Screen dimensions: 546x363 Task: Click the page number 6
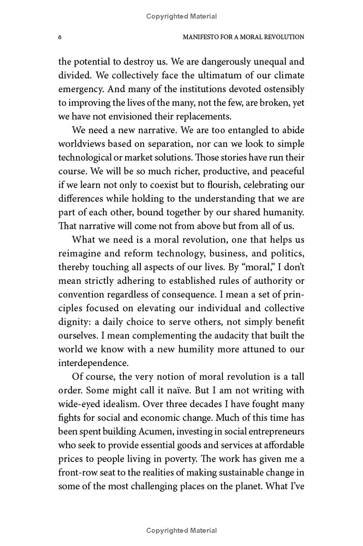(x=60, y=37)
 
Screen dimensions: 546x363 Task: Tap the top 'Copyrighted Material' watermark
(x=181, y=16)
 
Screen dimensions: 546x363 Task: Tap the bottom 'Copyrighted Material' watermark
(x=181, y=530)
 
